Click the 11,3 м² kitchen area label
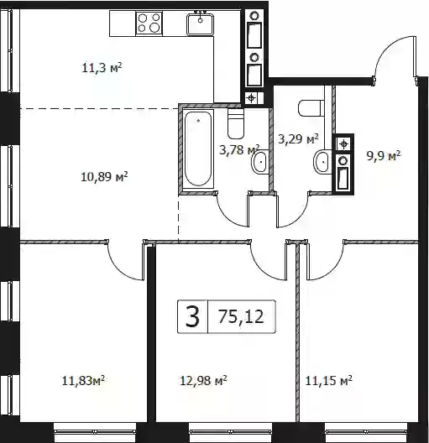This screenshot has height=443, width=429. [102, 68]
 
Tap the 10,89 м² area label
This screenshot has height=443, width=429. [104, 177]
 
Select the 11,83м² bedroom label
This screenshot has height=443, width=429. [83, 381]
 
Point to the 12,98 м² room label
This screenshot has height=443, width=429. [203, 381]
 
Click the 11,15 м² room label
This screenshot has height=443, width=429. [328, 381]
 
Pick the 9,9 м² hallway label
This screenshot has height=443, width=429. [384, 156]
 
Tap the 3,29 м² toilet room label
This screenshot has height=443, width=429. [298, 138]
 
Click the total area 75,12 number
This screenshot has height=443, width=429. [241, 316]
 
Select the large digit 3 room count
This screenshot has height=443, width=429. [192, 316]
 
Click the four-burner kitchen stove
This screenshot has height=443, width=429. [149, 23]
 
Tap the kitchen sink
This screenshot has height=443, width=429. [200, 24]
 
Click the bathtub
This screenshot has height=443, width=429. [198, 149]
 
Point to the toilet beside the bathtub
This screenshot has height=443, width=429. [236, 123]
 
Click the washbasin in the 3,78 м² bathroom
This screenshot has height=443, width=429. [259, 163]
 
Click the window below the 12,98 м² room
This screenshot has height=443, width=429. [230, 432]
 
